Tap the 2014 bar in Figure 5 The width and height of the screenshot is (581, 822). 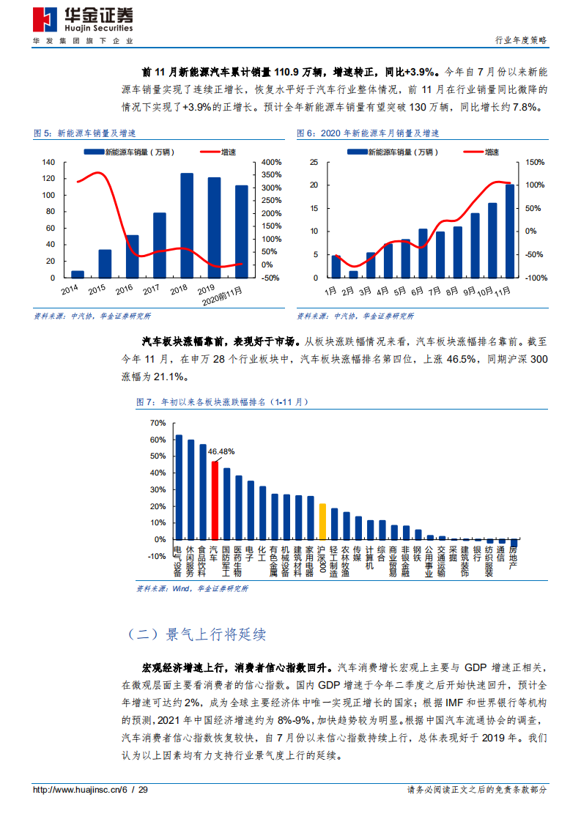click(x=77, y=274)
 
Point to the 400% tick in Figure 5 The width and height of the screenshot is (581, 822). click(x=272, y=162)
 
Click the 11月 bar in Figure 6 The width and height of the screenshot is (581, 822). click(x=510, y=231)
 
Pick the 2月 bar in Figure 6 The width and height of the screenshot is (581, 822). click(x=353, y=274)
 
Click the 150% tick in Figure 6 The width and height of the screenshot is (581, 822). click(x=536, y=162)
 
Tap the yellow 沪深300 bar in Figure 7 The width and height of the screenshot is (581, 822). click(x=322, y=521)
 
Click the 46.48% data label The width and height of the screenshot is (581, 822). click(x=221, y=452)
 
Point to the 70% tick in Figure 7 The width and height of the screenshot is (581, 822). click(x=158, y=423)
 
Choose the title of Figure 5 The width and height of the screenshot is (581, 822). click(x=86, y=133)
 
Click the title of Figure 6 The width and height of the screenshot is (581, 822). click(x=368, y=133)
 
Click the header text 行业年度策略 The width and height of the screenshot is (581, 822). click(x=521, y=41)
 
